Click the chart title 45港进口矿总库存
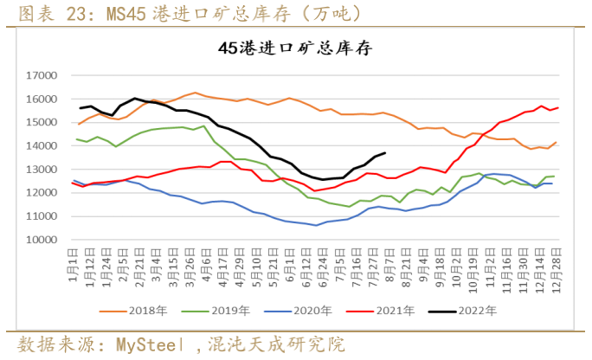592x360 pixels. point(295,48)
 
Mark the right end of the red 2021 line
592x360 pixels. point(557,107)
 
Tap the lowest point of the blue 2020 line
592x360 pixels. point(317,225)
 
